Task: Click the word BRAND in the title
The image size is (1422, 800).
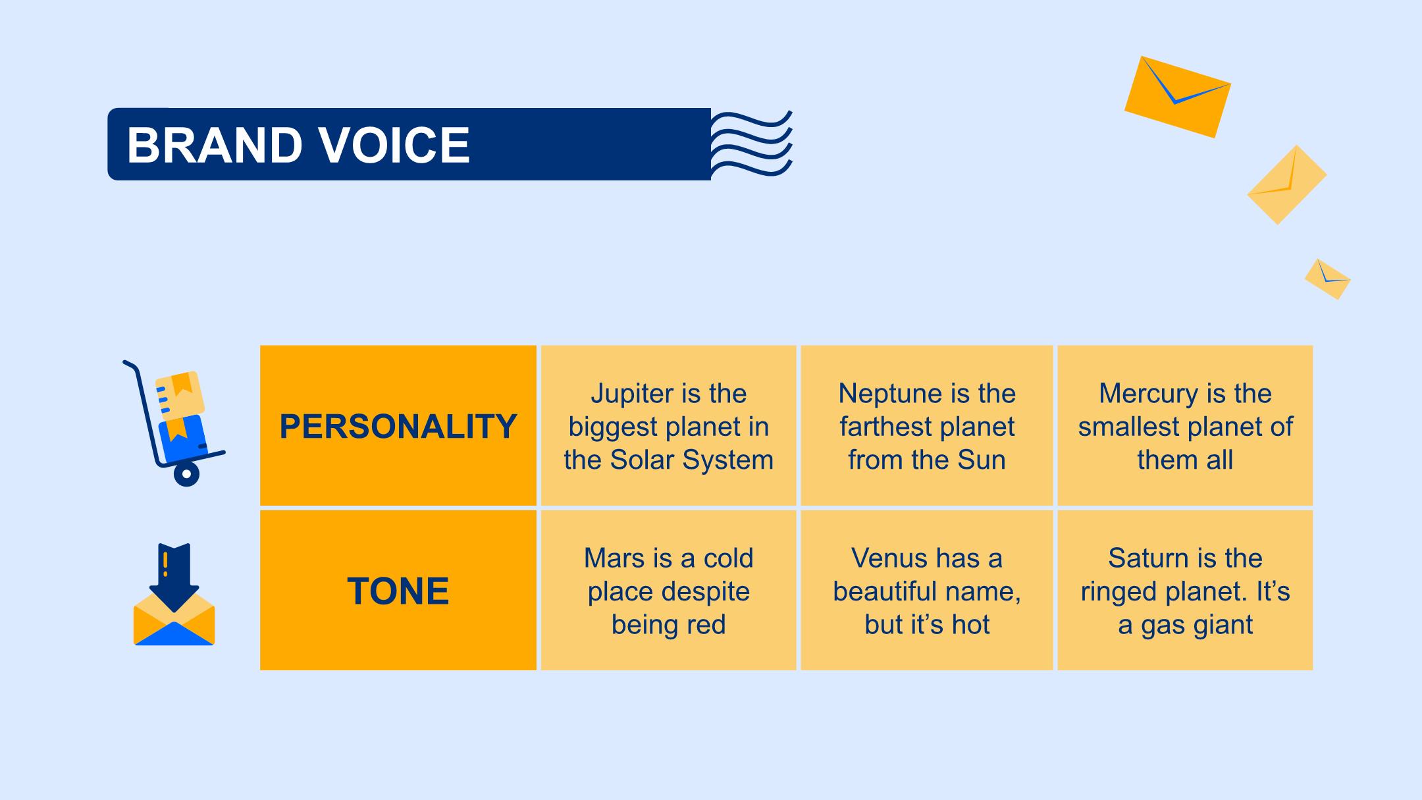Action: coord(215,145)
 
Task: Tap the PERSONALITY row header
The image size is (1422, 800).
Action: coord(398,426)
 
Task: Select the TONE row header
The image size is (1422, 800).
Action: coord(398,591)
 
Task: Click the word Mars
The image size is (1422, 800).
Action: coord(610,558)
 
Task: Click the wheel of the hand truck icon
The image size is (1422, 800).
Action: coord(186,473)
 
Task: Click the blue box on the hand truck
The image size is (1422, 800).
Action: coord(183,439)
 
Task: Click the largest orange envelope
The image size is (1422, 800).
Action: coord(1178,97)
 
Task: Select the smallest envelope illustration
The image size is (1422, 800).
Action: coord(1328,279)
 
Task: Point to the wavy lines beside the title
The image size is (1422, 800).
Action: coord(751,144)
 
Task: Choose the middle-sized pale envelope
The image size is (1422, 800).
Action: coord(1287,185)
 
